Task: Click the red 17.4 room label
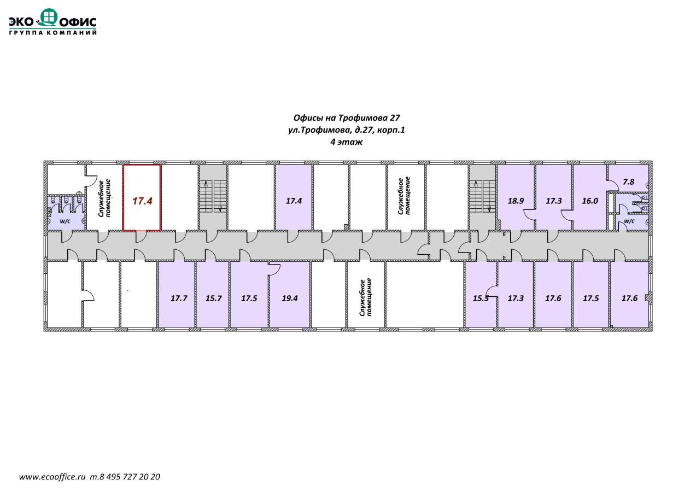(x=142, y=201)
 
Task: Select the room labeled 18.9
(x=516, y=201)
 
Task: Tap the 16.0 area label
(x=590, y=201)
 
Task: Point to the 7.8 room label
(x=628, y=182)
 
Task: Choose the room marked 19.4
(x=290, y=298)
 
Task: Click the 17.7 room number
(x=179, y=298)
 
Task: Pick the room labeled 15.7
(x=213, y=298)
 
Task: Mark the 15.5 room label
(x=481, y=298)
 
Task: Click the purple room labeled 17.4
(x=294, y=201)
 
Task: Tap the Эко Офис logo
(x=52, y=21)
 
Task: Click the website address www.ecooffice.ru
(x=53, y=477)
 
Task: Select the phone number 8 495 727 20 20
(x=129, y=477)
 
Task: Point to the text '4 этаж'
(x=347, y=142)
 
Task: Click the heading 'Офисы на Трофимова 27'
(x=347, y=118)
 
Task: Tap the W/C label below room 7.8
(x=629, y=221)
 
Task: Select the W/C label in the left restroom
(x=65, y=221)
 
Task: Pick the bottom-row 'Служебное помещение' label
(x=366, y=298)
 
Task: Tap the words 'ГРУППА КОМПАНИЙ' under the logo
(x=53, y=33)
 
